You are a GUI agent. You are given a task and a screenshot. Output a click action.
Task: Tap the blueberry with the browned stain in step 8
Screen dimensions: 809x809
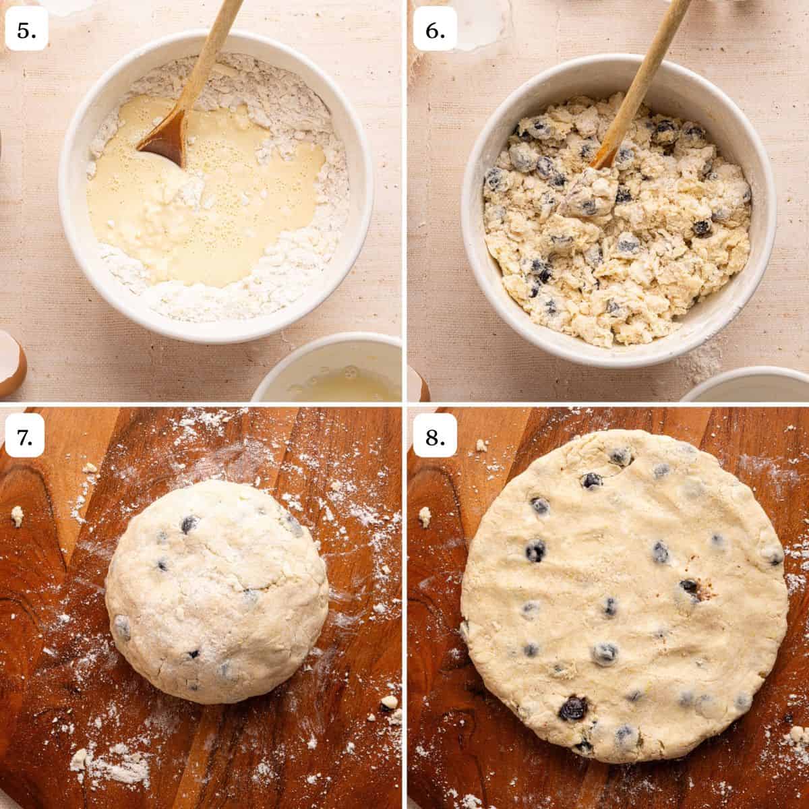tap(691, 588)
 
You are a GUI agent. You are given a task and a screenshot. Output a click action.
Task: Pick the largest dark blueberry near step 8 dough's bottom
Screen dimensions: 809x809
tap(574, 708)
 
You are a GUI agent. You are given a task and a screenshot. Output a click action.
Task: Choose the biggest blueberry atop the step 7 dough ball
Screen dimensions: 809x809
tap(190, 525)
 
